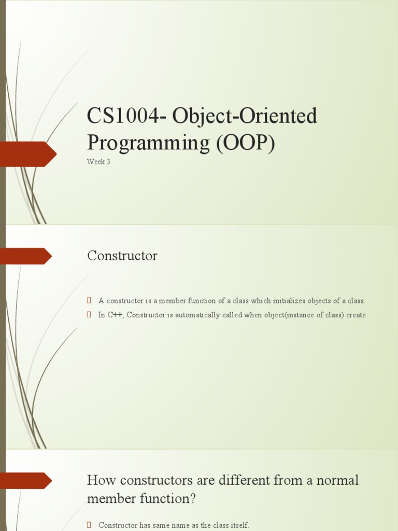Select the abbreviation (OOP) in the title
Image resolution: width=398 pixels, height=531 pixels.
coord(245,142)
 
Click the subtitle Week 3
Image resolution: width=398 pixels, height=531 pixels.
coord(98,162)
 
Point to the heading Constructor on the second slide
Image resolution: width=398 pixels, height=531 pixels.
coord(122,256)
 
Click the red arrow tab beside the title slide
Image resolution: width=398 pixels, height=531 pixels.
coord(29,153)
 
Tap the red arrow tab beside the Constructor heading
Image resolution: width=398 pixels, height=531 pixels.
coord(26,256)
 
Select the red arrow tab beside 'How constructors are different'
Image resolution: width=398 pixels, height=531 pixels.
coord(26,481)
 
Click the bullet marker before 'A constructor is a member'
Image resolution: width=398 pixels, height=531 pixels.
coord(89,301)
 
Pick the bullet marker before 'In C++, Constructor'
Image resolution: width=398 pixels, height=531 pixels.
coord(89,315)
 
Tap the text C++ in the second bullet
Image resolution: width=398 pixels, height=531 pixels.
coord(116,315)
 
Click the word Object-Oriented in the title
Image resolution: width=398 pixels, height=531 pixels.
coord(245,116)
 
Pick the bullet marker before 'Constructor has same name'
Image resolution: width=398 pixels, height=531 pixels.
coord(89,525)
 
